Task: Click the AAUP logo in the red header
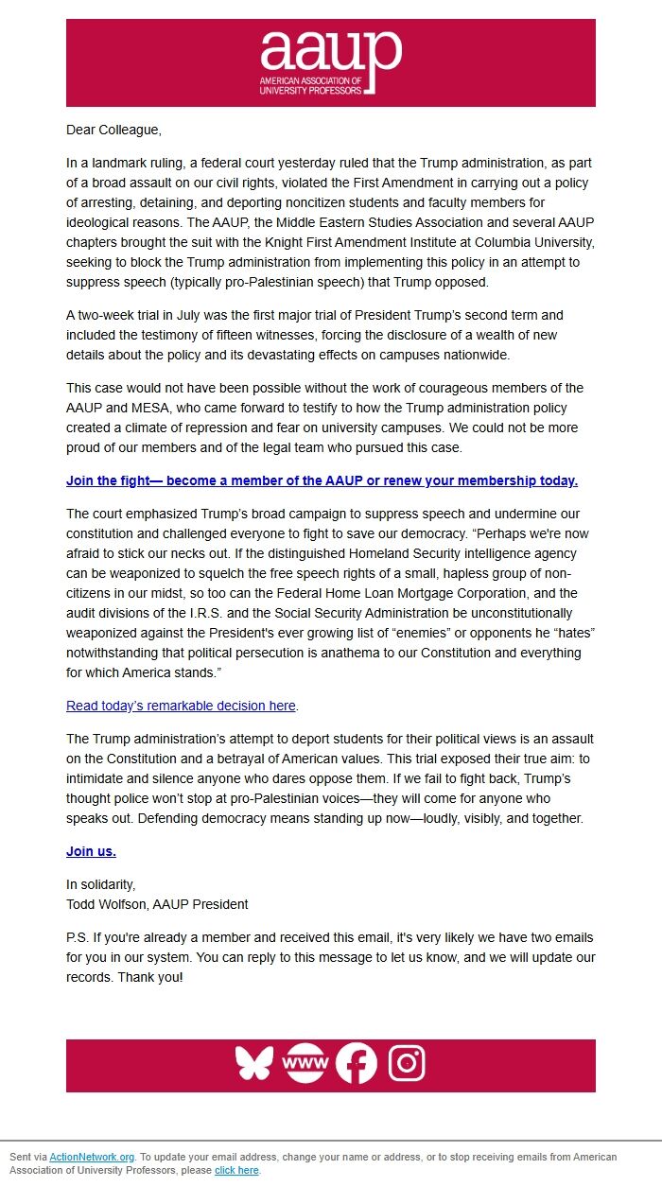click(330, 62)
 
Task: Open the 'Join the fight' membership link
click(322, 480)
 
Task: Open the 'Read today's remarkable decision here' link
click(181, 706)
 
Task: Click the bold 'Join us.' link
click(91, 851)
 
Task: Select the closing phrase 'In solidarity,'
click(101, 884)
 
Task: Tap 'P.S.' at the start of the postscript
click(78, 937)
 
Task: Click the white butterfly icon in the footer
click(254, 1063)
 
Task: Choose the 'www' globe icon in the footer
click(305, 1063)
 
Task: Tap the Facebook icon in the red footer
click(356, 1063)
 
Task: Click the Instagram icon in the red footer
click(406, 1063)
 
